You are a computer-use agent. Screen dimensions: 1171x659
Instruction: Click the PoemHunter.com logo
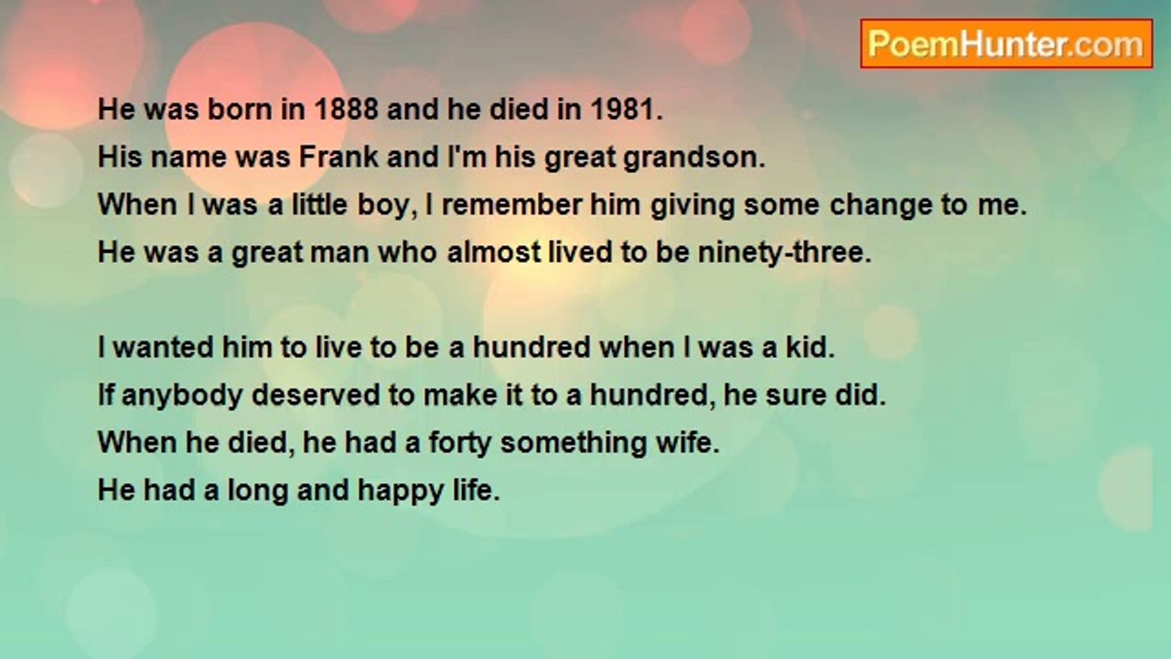[x=1006, y=44]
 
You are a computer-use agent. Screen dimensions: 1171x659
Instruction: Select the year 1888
[x=346, y=109]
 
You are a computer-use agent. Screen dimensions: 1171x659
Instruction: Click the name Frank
[x=338, y=157]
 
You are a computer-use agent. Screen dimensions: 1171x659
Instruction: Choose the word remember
[x=511, y=204]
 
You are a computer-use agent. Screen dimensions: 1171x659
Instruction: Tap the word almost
[x=494, y=252]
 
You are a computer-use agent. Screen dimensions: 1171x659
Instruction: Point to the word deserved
[x=316, y=394]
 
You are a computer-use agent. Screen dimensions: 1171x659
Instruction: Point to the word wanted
[x=164, y=347]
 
